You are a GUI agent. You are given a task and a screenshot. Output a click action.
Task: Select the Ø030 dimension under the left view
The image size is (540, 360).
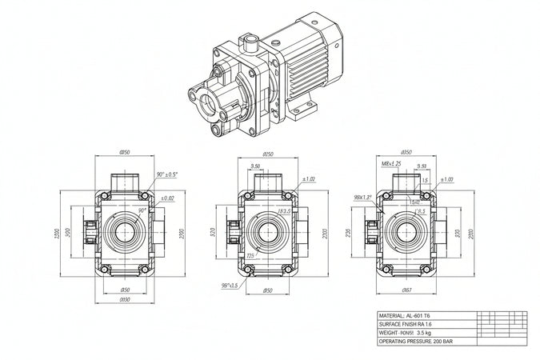[124, 300]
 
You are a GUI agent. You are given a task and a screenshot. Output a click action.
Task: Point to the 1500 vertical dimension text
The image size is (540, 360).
[57, 234]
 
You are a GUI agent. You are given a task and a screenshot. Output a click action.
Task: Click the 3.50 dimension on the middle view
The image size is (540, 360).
[255, 167]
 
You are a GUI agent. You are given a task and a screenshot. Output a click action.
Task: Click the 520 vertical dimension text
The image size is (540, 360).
[212, 234]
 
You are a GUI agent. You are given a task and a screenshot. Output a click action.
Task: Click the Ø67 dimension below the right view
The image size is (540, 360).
[406, 290]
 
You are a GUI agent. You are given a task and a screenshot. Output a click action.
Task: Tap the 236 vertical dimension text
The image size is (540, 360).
[350, 233]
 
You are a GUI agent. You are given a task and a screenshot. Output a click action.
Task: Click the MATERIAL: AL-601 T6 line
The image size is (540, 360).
[409, 316]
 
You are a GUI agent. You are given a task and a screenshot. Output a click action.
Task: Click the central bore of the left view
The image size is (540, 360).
[124, 233]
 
